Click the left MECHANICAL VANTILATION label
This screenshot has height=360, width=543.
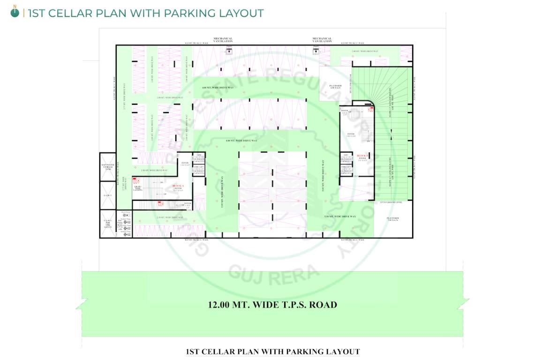(223, 40)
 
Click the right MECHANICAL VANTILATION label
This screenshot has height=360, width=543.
(322, 40)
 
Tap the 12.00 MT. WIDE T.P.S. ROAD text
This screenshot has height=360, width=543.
(272, 305)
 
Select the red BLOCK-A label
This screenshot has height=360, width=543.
(178, 186)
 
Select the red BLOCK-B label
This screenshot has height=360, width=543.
(362, 156)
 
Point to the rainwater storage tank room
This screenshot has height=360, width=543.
(107, 167)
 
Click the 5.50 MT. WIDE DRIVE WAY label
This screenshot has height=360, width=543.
(340, 217)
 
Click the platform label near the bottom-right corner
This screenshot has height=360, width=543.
(393, 219)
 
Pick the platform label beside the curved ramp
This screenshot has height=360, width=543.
(335, 87)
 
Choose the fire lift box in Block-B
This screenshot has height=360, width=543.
(346, 169)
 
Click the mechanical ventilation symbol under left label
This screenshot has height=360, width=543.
(229, 51)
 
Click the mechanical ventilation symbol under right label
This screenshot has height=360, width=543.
(316, 51)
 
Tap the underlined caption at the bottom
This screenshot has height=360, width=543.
(272, 352)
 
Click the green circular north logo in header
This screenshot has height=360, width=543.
(15, 13)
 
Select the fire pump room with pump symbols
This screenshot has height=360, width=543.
(125, 225)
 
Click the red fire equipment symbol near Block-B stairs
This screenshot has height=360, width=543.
(370, 109)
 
